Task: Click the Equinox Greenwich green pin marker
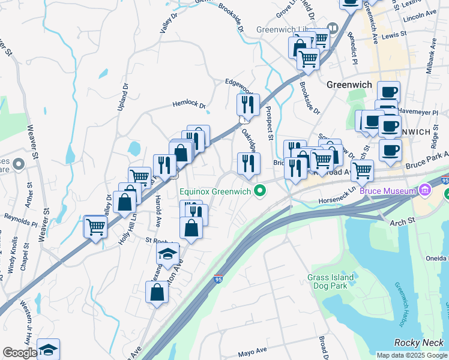point(260,193)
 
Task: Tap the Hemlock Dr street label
point(190,104)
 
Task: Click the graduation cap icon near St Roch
point(167,253)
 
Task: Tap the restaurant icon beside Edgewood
point(248,105)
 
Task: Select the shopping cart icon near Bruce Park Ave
point(362,170)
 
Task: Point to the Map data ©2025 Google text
point(411,355)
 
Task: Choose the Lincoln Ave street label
point(419,17)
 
